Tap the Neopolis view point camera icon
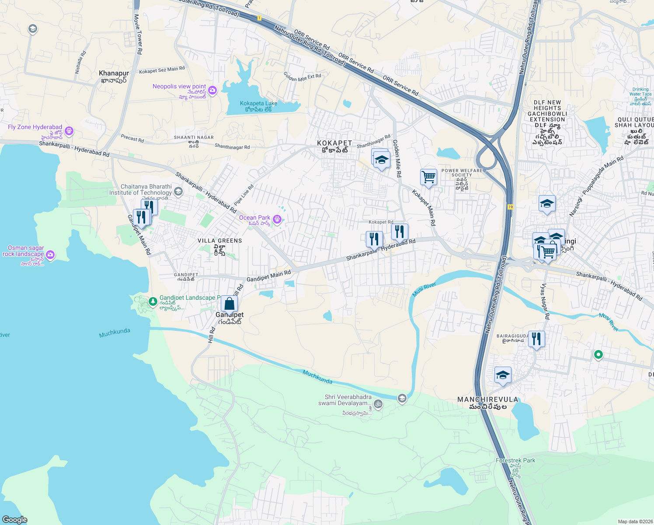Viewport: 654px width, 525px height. pos(212,91)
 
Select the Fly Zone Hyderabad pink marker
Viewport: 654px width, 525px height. pos(69,131)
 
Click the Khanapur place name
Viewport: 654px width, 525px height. pos(114,73)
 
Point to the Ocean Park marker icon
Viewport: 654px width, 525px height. pos(277,219)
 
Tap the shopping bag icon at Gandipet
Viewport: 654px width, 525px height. pos(229,304)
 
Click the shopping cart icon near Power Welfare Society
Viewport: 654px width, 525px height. pos(428,177)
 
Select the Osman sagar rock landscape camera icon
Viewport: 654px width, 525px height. pos(50,255)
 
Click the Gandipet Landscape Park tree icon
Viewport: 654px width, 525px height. pos(153,301)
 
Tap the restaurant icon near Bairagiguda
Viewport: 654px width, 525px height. pos(536,339)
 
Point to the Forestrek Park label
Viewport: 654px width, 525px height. pos(515,460)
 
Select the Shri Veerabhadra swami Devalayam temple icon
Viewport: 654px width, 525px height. pos(379,404)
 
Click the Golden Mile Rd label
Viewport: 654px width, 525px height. pos(397,158)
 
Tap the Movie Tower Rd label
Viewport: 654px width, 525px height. pos(138,34)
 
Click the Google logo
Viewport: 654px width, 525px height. pos(14,519)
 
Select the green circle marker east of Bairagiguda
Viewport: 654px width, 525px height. pos(598,354)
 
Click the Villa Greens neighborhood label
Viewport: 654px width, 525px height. pos(219,241)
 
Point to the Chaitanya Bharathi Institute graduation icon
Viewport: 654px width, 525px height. pos(178,191)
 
